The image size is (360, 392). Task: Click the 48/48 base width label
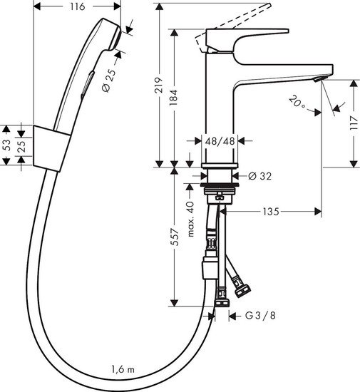[x=220, y=140]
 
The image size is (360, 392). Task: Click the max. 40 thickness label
[x=190, y=217]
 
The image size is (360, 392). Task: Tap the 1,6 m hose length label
[x=122, y=368]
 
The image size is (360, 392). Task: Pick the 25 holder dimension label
[x=22, y=145]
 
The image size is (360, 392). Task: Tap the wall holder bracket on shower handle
[x=49, y=147]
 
